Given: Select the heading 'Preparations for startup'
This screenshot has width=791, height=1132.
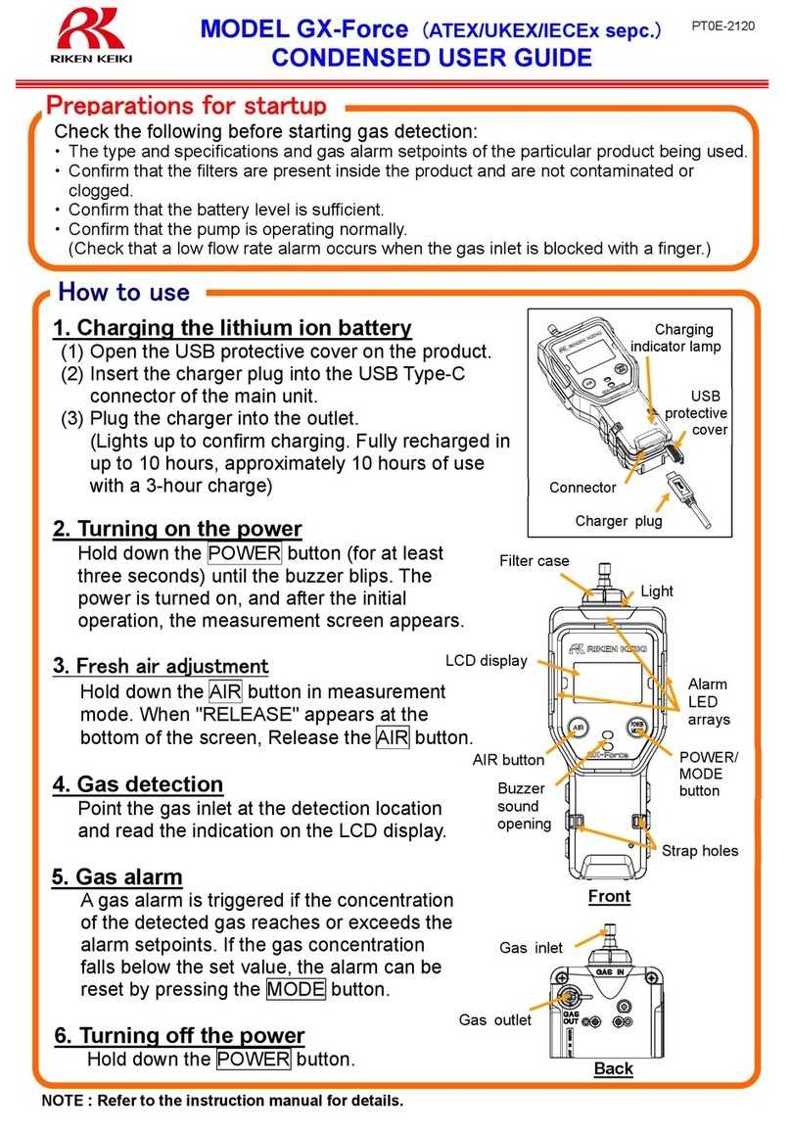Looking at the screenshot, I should pos(192,104).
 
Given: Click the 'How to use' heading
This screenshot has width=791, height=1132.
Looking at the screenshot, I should pos(124,292).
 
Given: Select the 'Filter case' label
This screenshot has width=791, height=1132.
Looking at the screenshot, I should pos(534,561).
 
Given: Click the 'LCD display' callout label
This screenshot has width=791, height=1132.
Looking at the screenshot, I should pos(486,660).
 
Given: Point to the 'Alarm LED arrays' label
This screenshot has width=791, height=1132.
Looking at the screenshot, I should pos(708,702).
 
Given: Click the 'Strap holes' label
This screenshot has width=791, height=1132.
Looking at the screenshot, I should pos(700,850).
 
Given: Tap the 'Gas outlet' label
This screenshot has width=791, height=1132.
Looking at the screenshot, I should pos(495,1019).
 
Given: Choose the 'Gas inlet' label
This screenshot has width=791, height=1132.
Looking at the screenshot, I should pos(531,947).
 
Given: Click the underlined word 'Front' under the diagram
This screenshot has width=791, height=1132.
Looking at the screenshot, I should pos(609,896).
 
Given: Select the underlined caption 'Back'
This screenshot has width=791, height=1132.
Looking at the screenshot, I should pos(614,1068).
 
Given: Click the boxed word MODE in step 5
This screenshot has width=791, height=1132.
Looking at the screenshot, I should pos(296,989).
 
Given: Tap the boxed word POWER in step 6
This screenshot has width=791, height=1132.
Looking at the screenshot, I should pos(254,1060).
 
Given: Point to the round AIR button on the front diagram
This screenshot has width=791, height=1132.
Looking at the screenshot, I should pos(579,729).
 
